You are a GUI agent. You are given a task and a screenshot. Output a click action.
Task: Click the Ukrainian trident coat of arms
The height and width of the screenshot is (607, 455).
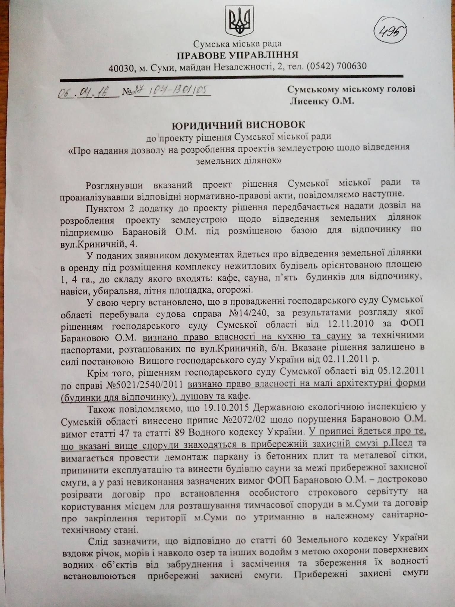[x=240, y=22]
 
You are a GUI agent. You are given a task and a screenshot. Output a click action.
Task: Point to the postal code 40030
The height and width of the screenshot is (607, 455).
[x=121, y=68]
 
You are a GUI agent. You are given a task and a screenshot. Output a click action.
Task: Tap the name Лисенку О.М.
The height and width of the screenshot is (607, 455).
[x=322, y=102]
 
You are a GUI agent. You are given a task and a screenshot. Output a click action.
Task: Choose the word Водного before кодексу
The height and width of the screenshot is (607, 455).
[x=206, y=432]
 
